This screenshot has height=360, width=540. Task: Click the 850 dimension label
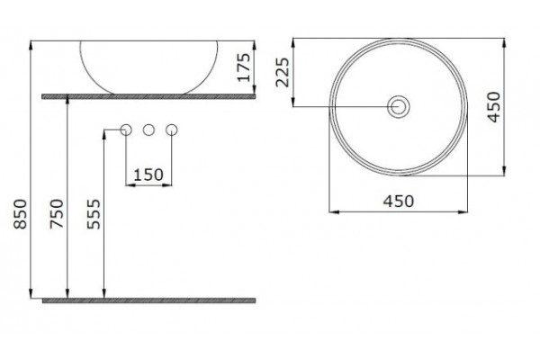21,214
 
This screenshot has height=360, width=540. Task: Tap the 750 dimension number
57,214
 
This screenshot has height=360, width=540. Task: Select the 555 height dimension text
94,214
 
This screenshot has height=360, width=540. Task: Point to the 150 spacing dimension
148,175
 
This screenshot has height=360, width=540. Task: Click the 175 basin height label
244,67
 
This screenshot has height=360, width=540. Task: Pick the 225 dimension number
283,72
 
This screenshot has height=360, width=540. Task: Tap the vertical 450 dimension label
493,107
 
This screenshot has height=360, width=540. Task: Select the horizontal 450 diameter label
399,202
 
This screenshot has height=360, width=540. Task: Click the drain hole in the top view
399,106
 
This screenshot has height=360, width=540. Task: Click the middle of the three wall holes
148,130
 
